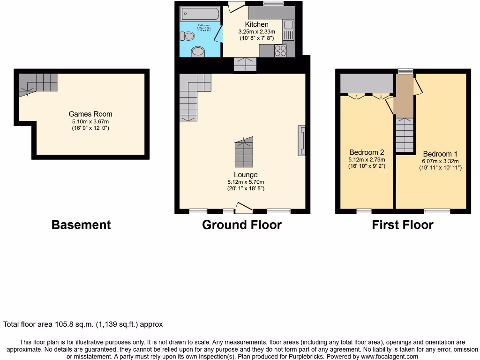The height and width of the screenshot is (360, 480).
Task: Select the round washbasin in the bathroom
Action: [198, 51]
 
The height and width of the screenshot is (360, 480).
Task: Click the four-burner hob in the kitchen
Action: [280, 51]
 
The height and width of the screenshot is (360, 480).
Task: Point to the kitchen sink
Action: [288, 29]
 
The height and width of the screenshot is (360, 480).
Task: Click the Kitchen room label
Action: [256, 24]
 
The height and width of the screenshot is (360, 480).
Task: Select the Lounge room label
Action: [246, 175]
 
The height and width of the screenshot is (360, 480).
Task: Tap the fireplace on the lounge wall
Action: [301, 141]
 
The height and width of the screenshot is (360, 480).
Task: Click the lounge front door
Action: [243, 208]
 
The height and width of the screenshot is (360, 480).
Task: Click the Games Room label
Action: [90, 114]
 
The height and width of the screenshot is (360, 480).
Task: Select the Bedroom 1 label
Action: [440, 154]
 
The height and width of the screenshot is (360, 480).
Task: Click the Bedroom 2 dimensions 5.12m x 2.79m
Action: [367, 160]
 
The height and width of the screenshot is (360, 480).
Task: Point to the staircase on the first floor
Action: [405, 135]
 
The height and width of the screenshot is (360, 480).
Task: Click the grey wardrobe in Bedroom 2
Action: [366, 83]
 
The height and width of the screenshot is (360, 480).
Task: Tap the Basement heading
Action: [81, 225]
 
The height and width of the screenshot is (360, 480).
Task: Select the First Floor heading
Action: [402, 225]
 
